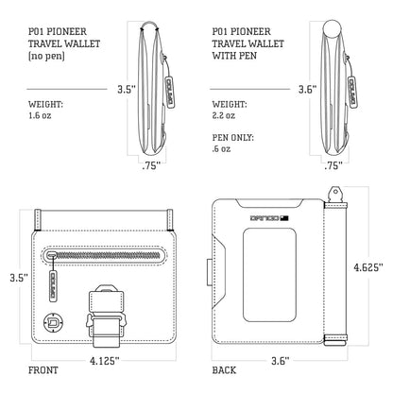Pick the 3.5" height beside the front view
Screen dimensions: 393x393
13,279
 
